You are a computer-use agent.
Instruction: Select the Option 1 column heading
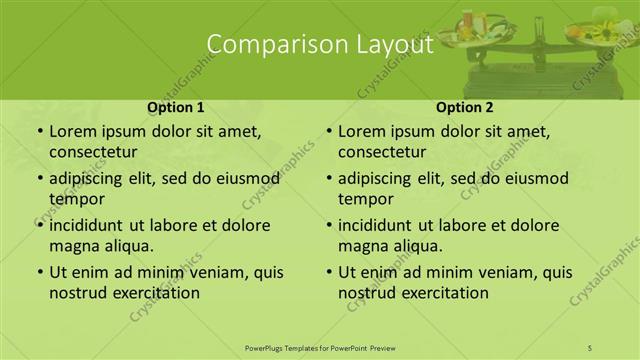[176, 107]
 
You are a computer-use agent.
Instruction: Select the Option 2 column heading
[465, 107]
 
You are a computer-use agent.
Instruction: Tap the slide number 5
[591, 347]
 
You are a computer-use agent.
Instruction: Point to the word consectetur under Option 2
[383, 152]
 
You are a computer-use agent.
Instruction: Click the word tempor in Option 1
[77, 199]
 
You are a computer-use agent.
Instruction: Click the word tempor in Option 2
[366, 199]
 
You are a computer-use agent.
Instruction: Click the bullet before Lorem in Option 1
[39, 132]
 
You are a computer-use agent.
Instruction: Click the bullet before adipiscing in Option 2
[328, 179]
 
